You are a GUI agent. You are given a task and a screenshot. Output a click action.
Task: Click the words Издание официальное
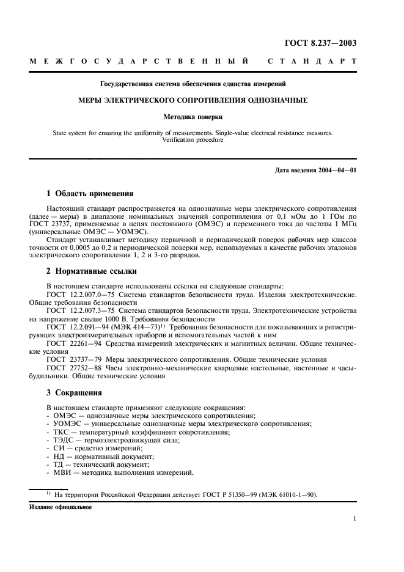pos(61,507)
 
